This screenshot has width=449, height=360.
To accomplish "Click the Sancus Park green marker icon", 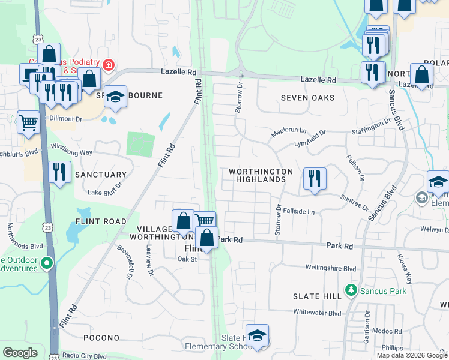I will point(352,292).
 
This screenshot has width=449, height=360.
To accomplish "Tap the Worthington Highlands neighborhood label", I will point(261,176).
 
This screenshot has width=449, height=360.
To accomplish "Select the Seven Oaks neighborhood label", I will point(304,98).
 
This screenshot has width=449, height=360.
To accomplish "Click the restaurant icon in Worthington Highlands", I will point(314,179).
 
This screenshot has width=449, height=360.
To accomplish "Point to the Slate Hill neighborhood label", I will point(316,296).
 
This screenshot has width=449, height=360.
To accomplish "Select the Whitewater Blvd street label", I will point(317,313).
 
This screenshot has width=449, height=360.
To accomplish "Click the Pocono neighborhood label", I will point(94,338).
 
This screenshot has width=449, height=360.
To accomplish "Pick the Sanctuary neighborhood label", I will point(101,175).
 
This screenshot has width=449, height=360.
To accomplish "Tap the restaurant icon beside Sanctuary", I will point(59,173).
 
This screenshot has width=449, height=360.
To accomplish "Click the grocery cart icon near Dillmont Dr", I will point(29,123).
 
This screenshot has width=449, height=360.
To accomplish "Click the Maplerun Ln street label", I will point(288,131).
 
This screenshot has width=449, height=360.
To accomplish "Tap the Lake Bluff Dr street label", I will point(104,193).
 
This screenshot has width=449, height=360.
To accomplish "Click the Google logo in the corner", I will point(20,353).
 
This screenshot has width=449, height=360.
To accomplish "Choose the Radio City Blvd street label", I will point(84,355).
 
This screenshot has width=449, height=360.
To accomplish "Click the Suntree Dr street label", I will point(354,203).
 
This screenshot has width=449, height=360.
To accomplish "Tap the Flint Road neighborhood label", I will point(101,221).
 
